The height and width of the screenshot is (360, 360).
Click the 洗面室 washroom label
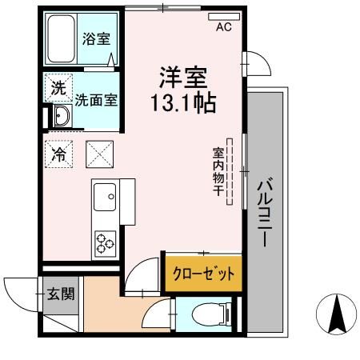[x=97, y=101]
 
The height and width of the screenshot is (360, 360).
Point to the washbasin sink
[x=62, y=118]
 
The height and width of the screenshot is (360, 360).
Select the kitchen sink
[x=105, y=195]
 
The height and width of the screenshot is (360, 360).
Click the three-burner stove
[x=105, y=241]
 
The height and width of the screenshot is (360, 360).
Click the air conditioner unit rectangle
[x=224, y=15]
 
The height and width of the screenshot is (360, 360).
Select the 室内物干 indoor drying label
[x=218, y=171]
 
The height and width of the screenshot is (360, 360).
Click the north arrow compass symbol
[x=338, y=314]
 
